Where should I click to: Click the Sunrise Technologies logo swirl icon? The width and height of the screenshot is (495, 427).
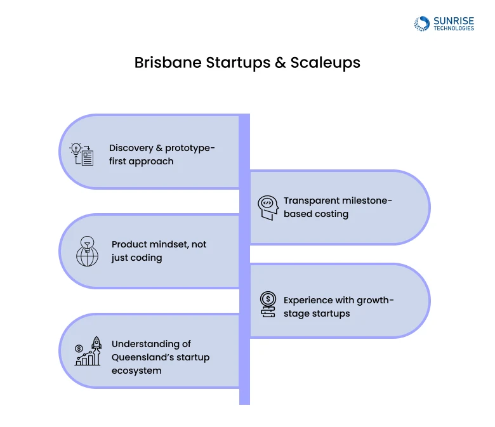coord(422,24)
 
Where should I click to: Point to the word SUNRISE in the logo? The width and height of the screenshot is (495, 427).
coord(453,21)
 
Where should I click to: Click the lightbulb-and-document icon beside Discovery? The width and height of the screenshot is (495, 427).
coord(81,154)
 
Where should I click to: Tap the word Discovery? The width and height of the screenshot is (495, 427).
coord(131,148)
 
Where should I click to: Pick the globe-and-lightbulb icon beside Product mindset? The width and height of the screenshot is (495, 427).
coord(87,251)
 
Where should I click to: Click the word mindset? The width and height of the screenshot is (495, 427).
coord(169,244)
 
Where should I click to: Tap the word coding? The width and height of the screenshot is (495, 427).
coord(147,258)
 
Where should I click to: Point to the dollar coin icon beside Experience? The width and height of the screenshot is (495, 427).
coord(268,304)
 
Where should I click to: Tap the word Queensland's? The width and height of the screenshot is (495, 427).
coord(142,357)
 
